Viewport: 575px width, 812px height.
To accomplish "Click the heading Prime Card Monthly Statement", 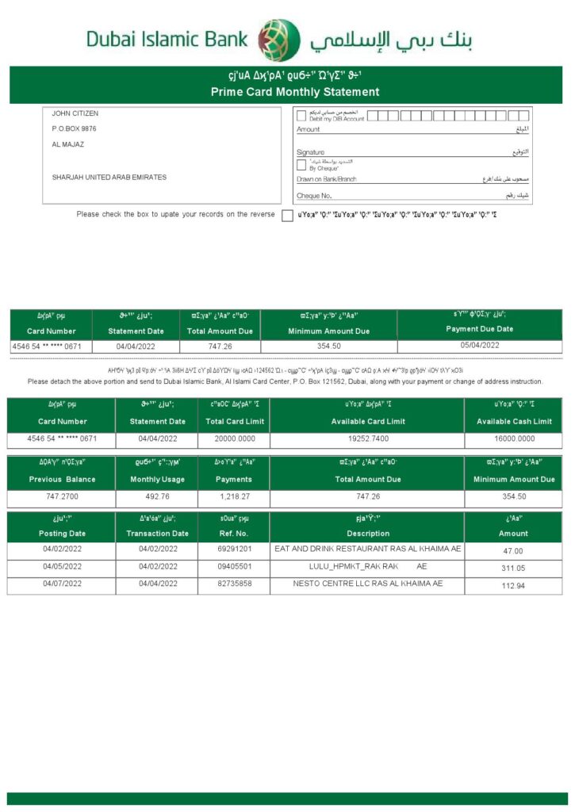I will pyautogui.click(x=295, y=92).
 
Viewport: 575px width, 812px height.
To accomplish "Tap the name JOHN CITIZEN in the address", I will pyautogui.click(x=75, y=113).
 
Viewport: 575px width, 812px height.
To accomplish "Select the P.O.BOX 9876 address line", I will pyautogui.click(x=75, y=128).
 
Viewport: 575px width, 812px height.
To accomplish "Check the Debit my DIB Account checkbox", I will pyautogui.click(x=301, y=116).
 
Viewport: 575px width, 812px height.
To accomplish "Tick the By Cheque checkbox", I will pyautogui.click(x=301, y=165).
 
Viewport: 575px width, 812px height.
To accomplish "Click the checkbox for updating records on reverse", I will pyautogui.click(x=287, y=216).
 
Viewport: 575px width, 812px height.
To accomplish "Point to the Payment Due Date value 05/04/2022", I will pyautogui.click(x=480, y=345).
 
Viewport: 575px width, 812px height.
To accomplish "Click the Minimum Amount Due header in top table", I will pyautogui.click(x=328, y=331).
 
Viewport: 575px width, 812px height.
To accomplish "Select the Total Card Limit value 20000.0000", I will pyautogui.click(x=234, y=439).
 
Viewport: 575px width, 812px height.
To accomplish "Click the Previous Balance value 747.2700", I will pyautogui.click(x=62, y=496).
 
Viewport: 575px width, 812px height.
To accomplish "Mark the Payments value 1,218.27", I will pyautogui.click(x=234, y=496).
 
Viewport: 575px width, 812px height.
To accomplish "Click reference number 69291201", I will pyautogui.click(x=234, y=549).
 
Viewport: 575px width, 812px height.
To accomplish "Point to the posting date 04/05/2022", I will pyautogui.click(x=62, y=566).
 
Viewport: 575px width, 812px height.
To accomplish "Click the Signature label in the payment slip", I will pyautogui.click(x=310, y=151).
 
